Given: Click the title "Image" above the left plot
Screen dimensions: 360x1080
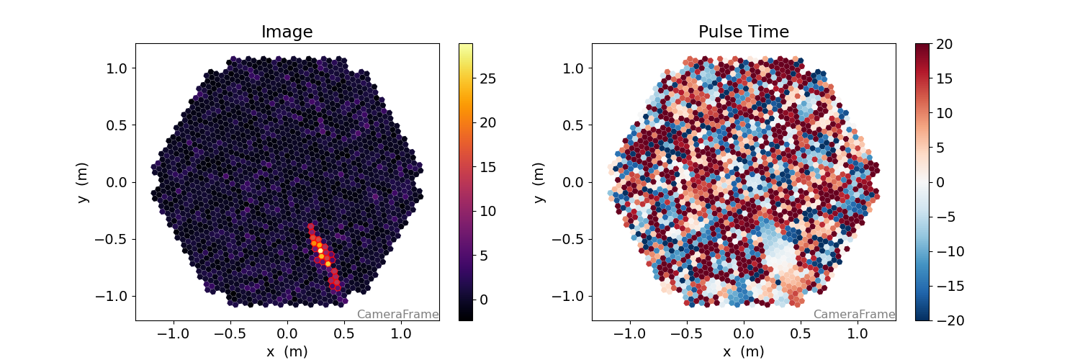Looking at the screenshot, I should click(287, 32).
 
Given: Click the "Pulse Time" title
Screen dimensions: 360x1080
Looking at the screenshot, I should click(743, 32).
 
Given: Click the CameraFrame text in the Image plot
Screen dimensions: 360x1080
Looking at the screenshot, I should click(397, 314).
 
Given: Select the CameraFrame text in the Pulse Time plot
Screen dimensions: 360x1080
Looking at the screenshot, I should click(854, 314).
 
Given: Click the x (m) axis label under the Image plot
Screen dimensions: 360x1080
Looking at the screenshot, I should click(287, 351).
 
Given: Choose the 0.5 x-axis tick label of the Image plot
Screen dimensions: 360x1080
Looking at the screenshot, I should click(344, 333).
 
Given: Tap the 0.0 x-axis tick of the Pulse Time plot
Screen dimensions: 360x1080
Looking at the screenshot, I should click(743, 333).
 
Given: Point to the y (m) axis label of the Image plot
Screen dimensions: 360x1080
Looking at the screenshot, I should click(84, 182).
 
